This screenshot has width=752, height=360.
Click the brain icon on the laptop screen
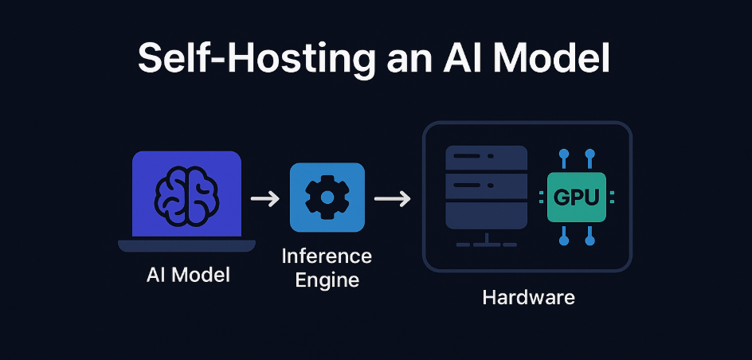[186, 194]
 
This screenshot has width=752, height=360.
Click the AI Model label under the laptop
[188, 276]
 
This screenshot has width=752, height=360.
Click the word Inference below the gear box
[327, 256]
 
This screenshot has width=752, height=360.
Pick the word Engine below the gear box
[327, 280]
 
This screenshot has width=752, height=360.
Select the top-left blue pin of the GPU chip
[564, 152]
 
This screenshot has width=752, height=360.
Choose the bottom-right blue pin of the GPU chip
[589, 238]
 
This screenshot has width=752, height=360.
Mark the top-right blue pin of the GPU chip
[589, 152]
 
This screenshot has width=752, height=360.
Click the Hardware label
[528, 299]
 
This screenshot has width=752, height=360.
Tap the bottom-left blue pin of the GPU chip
[564, 238]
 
